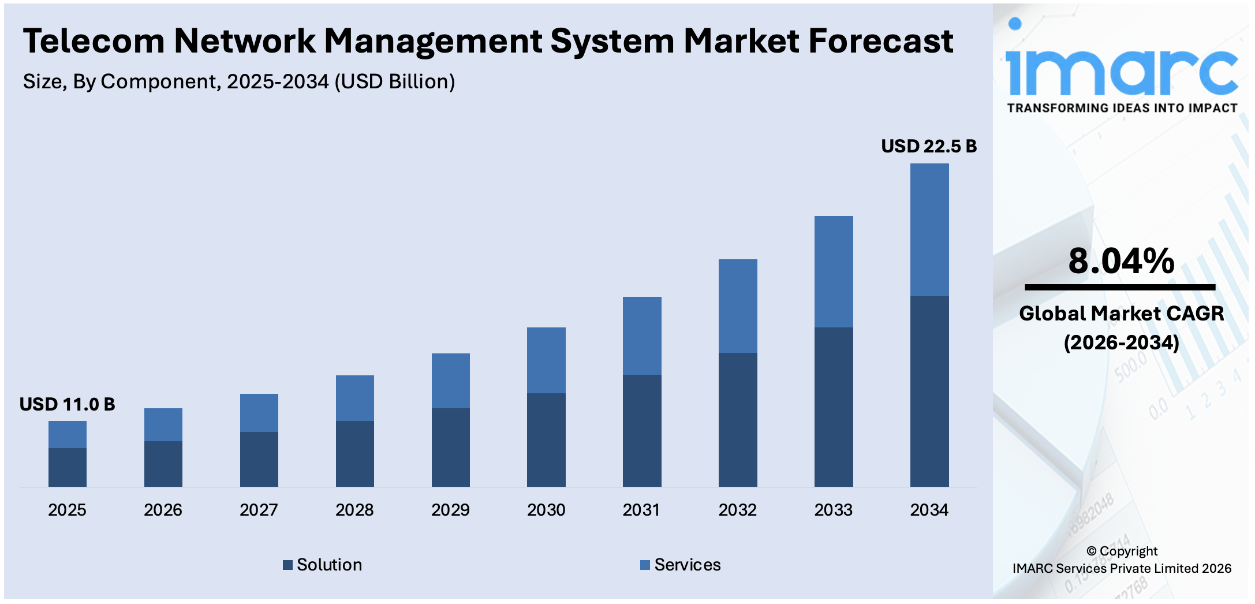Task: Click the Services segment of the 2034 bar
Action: pyautogui.click(x=929, y=230)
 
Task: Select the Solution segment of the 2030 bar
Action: pyautogui.click(x=546, y=439)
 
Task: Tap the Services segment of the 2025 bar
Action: pyautogui.click(x=67, y=434)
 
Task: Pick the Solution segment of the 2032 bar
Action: pyautogui.click(x=737, y=419)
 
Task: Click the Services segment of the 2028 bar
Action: pyautogui.click(x=354, y=398)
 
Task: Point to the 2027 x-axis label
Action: pyautogui.click(x=259, y=510)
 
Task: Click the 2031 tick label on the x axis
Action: pyautogui.click(x=641, y=510)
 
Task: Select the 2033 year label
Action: pyautogui.click(x=833, y=510)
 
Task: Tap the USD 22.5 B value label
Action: pyautogui.click(x=928, y=146)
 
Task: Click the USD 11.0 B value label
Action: pyautogui.click(x=67, y=404)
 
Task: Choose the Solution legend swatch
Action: pyautogui.click(x=287, y=565)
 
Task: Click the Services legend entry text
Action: pyautogui.click(x=687, y=565)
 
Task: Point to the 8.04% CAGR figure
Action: pyautogui.click(x=1120, y=261)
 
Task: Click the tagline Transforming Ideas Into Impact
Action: pyautogui.click(x=1122, y=108)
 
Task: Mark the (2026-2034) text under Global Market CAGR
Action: pyautogui.click(x=1121, y=342)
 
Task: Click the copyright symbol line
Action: pyautogui.click(x=1122, y=551)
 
